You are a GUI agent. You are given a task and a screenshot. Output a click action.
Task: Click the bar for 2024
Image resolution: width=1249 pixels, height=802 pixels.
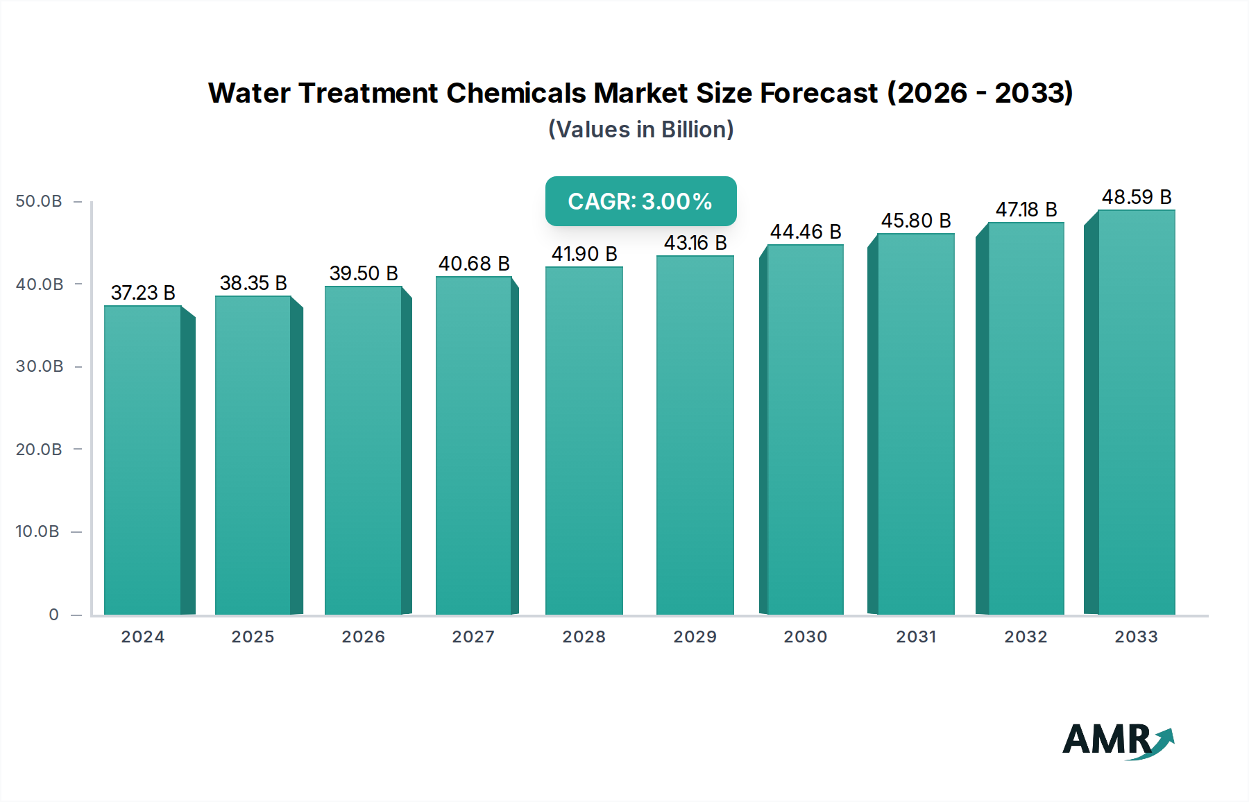click(143, 460)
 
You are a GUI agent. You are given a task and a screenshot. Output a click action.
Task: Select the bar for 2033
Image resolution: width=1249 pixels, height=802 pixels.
click(1136, 412)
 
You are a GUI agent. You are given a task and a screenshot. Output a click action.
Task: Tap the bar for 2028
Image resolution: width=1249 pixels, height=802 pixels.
click(584, 441)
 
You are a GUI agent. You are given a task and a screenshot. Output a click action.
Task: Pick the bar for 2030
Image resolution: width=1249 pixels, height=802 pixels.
click(805, 429)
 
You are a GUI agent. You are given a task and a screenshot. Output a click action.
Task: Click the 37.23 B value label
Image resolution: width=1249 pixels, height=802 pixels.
click(143, 293)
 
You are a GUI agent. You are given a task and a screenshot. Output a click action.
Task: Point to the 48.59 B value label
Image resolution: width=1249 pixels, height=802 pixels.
click(1136, 197)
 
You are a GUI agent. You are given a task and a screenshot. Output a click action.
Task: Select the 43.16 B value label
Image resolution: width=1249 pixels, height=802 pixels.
click(695, 243)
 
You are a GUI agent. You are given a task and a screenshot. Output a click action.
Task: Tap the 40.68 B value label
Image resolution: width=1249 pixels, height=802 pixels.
click(473, 264)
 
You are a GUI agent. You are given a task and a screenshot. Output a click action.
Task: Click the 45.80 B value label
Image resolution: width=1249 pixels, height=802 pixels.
click(915, 221)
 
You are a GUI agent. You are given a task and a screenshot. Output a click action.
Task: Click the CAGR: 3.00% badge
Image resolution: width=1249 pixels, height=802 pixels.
click(640, 201)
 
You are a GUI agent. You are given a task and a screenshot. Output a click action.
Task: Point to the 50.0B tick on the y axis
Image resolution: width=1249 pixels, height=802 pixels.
click(39, 201)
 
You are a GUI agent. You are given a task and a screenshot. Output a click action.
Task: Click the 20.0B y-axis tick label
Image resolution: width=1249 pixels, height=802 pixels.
click(39, 450)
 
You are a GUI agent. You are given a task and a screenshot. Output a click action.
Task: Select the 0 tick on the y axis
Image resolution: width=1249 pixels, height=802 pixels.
click(53, 615)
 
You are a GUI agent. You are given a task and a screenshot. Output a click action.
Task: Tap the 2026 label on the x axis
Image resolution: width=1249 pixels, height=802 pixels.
click(363, 637)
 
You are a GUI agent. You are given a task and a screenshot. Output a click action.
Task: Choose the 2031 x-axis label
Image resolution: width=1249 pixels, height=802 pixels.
click(916, 637)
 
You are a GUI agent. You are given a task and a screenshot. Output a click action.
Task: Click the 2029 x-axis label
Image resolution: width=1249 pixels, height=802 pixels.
click(695, 637)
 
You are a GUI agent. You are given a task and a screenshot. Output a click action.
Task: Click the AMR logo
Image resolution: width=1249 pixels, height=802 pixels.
click(1117, 740)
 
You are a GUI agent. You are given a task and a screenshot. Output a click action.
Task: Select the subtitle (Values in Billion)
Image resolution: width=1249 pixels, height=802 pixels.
click(640, 130)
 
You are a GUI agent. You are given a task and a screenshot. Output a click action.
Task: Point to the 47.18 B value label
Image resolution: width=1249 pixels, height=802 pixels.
click(1026, 210)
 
